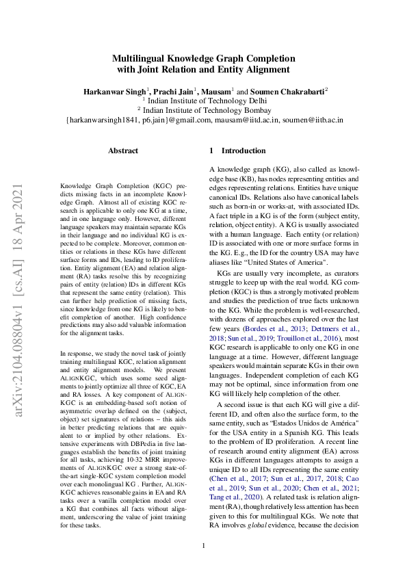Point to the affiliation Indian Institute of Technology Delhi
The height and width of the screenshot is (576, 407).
point(206,100)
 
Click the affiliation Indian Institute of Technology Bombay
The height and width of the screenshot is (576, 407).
point(206,109)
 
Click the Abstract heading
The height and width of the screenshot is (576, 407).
point(123,150)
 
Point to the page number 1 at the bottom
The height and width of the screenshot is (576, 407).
point(203,545)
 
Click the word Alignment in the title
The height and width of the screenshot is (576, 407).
point(263,69)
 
